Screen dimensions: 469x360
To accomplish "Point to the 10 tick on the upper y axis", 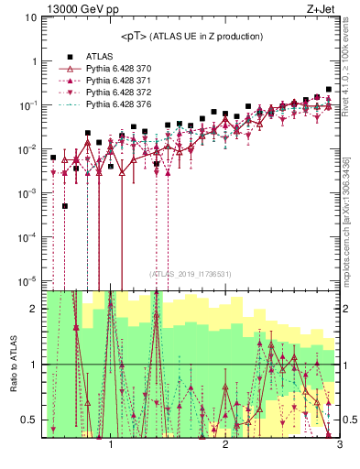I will pos(30,17).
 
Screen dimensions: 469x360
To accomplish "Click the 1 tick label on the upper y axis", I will pos(33,61).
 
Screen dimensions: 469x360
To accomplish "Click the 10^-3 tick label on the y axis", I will pos(27,192).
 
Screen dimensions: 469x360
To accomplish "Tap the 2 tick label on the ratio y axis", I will pos(34,309).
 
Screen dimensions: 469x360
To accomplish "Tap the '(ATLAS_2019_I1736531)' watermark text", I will pos(191,274).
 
